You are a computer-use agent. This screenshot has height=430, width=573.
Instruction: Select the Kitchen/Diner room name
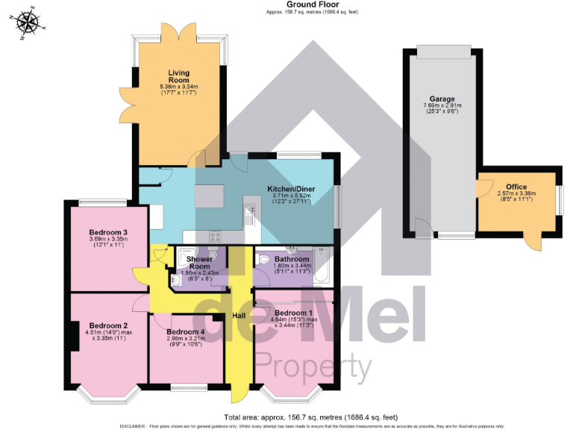click(x=291, y=190)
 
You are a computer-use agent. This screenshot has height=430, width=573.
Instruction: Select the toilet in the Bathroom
click(x=265, y=259)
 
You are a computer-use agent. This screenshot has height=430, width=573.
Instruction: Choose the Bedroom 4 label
click(x=185, y=332)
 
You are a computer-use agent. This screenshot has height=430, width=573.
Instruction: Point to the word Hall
click(x=239, y=316)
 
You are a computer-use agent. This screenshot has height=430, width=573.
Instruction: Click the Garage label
click(x=442, y=99)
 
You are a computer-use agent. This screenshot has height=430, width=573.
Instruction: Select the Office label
click(x=516, y=187)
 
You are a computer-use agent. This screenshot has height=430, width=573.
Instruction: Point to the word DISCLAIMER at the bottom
click(x=135, y=425)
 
